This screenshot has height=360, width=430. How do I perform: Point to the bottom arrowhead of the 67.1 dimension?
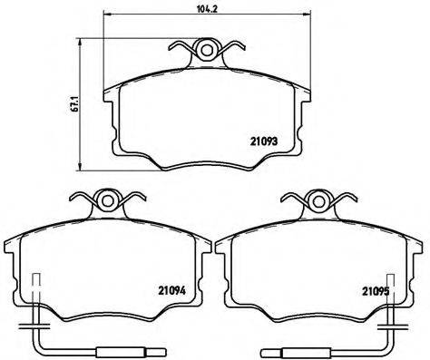click(87, 172)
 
